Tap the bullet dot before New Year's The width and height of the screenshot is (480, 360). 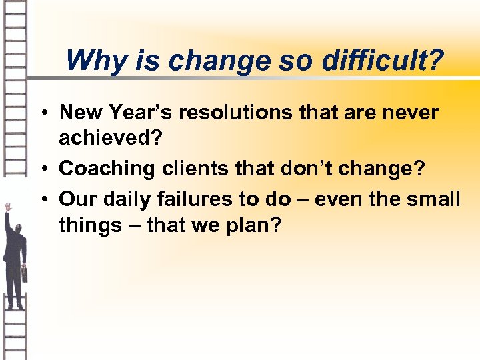coord(49,113)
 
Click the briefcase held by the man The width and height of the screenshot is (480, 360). coord(24,273)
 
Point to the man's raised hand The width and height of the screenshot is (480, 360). coord(7,207)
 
